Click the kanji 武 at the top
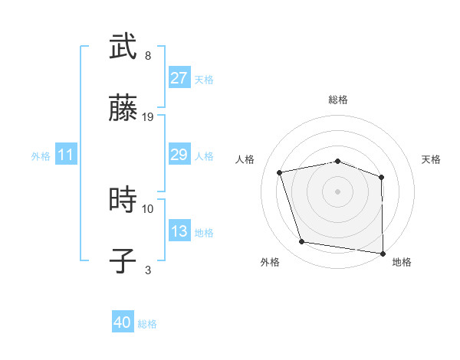click(x=123, y=47)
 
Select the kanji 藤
click(x=123, y=110)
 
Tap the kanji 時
click(x=123, y=200)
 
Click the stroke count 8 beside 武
click(x=148, y=56)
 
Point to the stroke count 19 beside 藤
click(x=148, y=117)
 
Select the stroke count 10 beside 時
click(x=148, y=208)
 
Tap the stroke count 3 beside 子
click(x=148, y=270)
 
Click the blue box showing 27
click(x=179, y=77)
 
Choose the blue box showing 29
click(x=179, y=155)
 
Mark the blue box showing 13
click(x=179, y=231)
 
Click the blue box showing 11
click(x=66, y=155)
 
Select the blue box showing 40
click(x=123, y=322)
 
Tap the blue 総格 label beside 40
click(x=147, y=324)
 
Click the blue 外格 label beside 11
click(x=41, y=156)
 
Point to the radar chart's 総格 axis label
click(x=338, y=100)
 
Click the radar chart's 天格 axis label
click(x=432, y=159)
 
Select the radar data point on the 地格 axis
click(x=383, y=253)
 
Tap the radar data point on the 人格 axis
click(x=280, y=172)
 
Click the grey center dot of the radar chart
click(x=338, y=191)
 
